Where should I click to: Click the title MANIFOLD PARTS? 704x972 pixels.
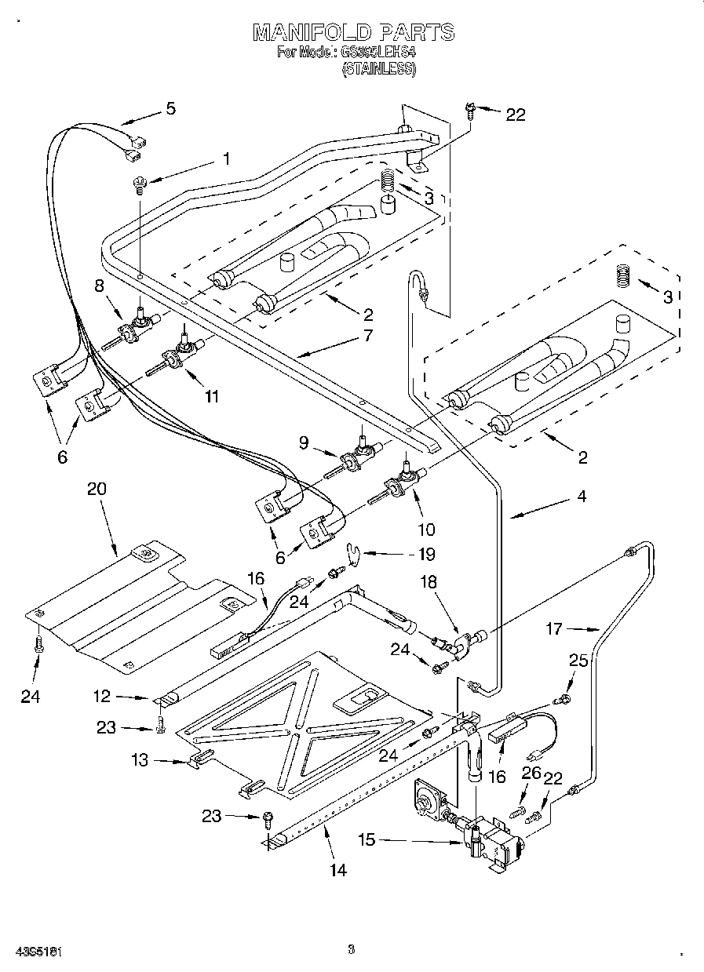coord(352,32)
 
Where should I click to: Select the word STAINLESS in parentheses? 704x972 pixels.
coord(378,69)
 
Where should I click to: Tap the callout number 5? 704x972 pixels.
coord(170,109)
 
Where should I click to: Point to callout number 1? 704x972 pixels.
coord(226,158)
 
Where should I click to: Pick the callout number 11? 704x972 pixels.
coord(211,397)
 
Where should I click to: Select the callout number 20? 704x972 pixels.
coord(96,489)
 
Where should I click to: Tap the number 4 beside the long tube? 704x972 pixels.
coord(582,496)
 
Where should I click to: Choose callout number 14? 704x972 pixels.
coord(338,869)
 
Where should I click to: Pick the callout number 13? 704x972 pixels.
coord(139,760)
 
